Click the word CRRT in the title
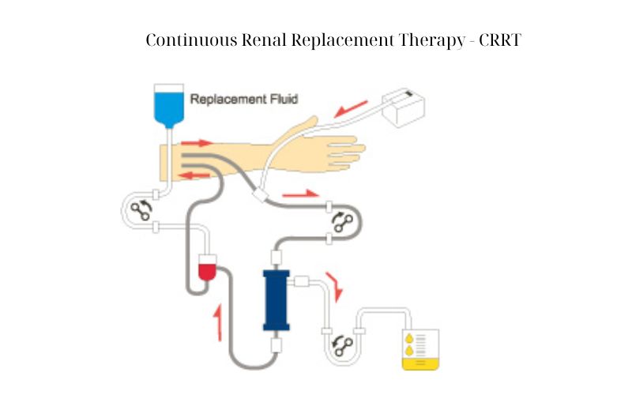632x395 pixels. [x=500, y=40]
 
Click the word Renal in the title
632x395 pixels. [x=264, y=40]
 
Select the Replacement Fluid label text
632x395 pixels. [x=244, y=99]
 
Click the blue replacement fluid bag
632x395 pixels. [x=169, y=106]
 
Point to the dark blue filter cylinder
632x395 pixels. [x=276, y=300]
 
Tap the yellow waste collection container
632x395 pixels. [x=420, y=349]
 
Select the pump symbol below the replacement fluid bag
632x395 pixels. [x=141, y=210]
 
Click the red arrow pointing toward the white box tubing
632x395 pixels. [x=351, y=109]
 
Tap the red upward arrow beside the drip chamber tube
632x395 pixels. [x=219, y=323]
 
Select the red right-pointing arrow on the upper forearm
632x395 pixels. [x=196, y=143]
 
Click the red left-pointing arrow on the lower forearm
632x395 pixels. [x=194, y=175]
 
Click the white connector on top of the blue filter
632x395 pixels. [x=276, y=258]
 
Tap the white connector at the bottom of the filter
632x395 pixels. [x=276, y=345]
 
